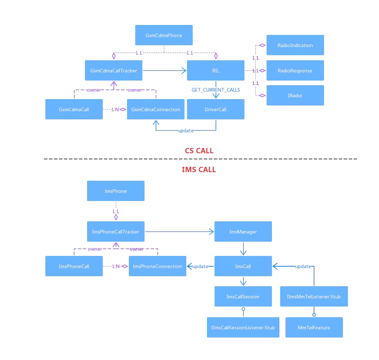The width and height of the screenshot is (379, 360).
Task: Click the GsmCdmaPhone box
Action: tap(164, 35)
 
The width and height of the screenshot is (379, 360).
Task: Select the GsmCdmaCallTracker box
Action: tap(113, 71)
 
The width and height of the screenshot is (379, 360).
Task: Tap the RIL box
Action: tap(216, 71)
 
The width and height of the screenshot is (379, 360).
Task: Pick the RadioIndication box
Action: tap(295, 45)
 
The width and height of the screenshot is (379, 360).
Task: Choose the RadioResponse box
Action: tap(295, 71)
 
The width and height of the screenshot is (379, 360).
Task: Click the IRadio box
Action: tap(295, 96)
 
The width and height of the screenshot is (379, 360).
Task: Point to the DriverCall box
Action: tap(216, 109)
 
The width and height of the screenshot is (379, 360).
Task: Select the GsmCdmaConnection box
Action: tap(156, 109)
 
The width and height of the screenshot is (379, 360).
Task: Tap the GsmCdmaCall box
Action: tap(74, 109)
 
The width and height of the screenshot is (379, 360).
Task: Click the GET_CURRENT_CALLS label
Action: tap(216, 90)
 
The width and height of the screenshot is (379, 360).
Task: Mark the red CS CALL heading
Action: tap(199, 150)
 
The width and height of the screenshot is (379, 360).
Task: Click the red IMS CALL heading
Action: tap(198, 170)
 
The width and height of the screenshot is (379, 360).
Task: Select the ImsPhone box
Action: tap(116, 191)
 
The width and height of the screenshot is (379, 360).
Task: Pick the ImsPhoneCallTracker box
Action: tap(116, 232)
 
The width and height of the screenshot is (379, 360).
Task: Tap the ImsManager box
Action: tap(243, 232)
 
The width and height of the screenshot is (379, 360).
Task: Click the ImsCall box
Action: tap(243, 266)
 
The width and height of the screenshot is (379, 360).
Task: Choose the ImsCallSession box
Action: tap(243, 297)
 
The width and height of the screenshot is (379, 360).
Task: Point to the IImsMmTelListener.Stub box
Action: tap(314, 297)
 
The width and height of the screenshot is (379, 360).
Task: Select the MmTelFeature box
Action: tap(314, 328)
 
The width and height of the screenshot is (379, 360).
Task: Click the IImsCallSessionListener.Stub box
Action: tap(243, 328)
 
